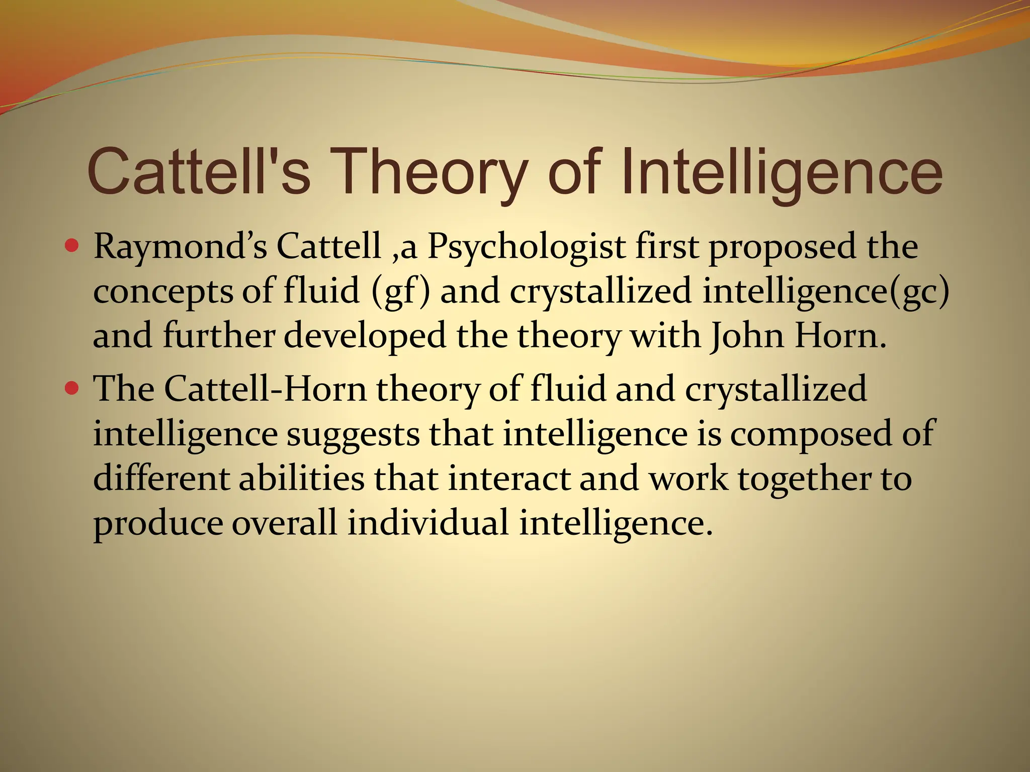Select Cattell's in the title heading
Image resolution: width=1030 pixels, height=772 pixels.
point(199,172)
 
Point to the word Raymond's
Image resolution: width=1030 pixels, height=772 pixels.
point(180,247)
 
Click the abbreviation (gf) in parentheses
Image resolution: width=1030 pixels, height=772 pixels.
point(400,292)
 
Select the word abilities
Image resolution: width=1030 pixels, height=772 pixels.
point(301,478)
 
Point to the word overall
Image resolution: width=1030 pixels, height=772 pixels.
point(284,522)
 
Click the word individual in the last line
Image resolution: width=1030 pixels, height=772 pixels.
point(428,522)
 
